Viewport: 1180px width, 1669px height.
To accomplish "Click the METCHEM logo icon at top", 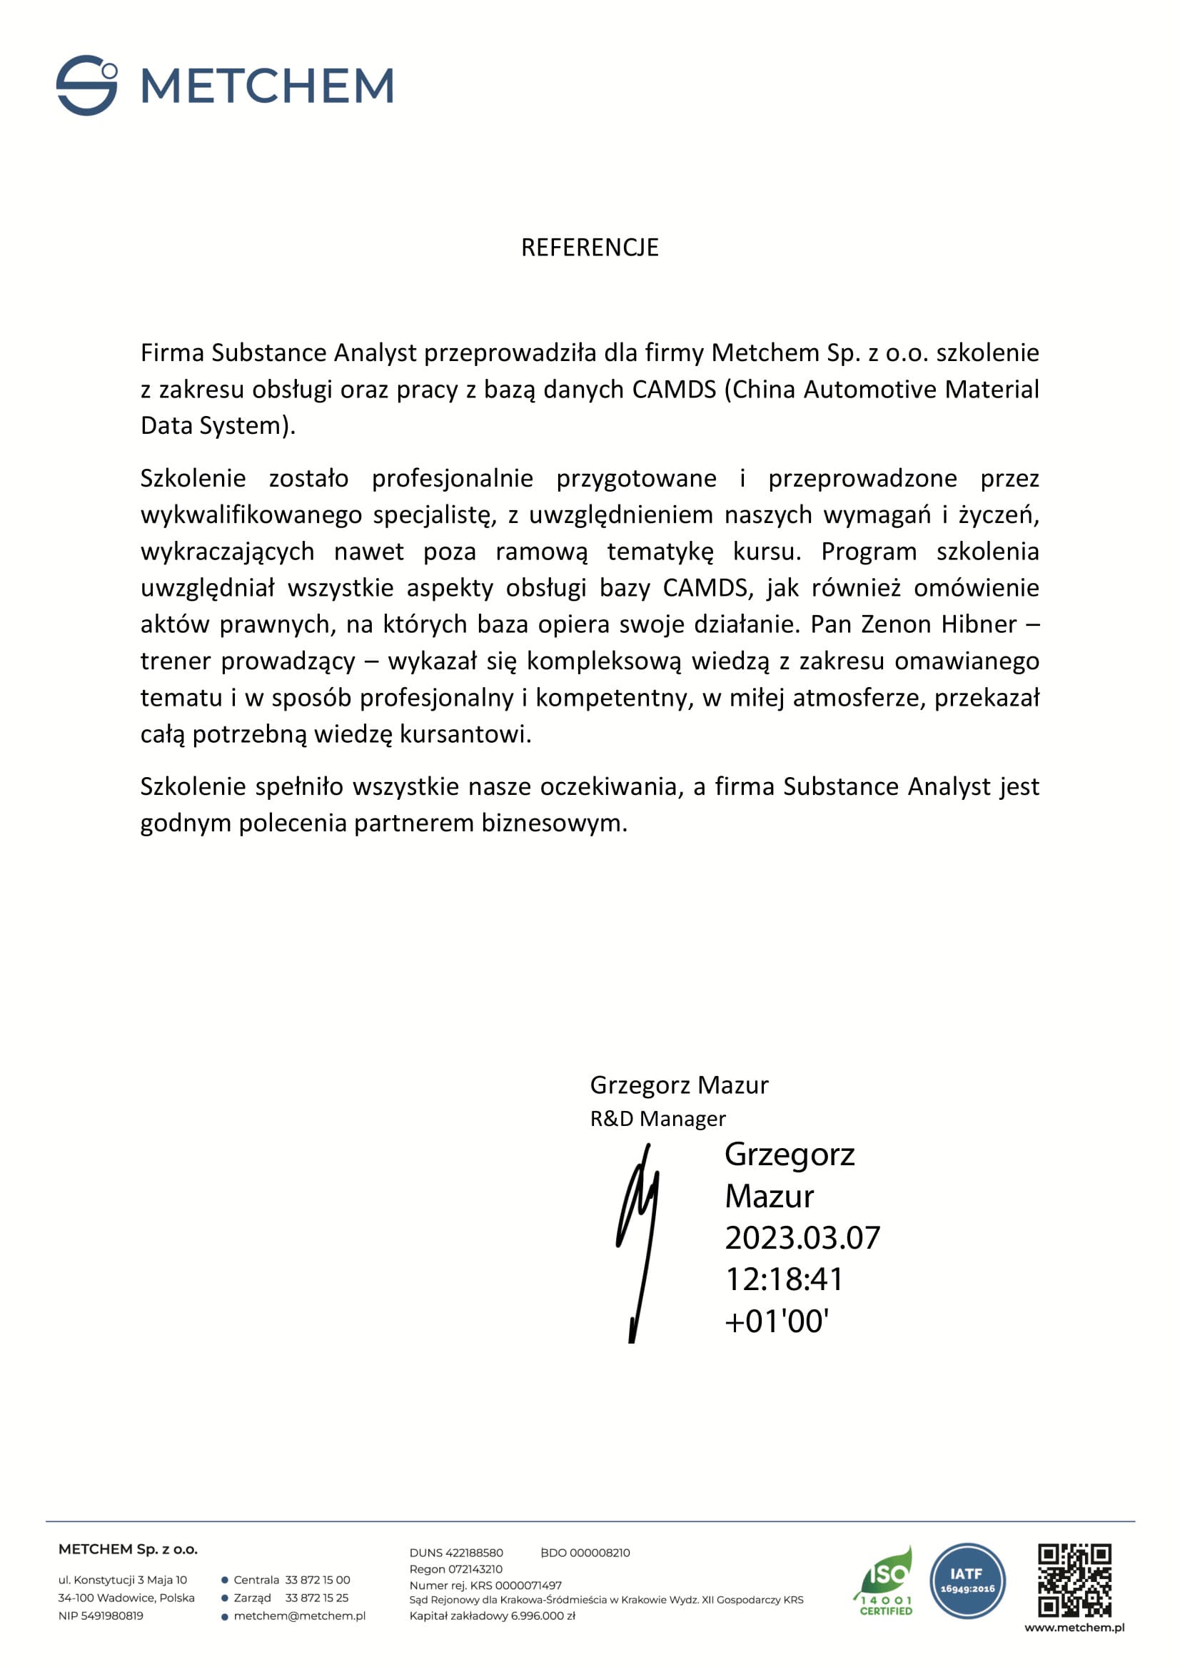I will pos(86,85).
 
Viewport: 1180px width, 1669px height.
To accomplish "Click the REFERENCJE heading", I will pos(590,248).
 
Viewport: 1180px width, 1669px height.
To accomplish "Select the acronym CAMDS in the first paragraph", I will pos(674,390).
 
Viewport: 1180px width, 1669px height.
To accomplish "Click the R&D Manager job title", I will pos(657,1119).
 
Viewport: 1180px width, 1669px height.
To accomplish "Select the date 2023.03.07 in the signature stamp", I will pos(802,1238).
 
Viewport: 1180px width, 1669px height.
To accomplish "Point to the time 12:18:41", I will pos(784,1279).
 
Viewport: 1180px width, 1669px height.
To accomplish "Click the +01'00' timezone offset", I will pos(777,1321).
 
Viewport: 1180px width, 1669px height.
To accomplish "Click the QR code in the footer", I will pos(1074,1581).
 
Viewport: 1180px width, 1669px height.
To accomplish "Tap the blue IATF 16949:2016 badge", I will pos(967,1581).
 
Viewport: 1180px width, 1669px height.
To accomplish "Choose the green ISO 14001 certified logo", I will pos(884,1581).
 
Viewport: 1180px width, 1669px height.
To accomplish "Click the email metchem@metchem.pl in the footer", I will pos(300,1616).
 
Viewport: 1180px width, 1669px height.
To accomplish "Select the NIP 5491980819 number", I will pos(101,1616).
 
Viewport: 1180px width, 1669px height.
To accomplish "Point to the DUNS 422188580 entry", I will pos(456,1553).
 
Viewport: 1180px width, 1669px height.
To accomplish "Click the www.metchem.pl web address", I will pos(1074,1628).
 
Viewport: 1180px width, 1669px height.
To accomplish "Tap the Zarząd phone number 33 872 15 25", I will pos(317,1598).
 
